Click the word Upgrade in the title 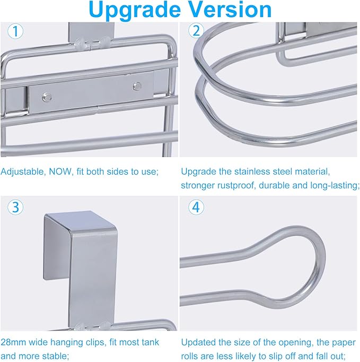(x=135, y=11)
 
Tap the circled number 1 (x=15, y=31)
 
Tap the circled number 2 (x=196, y=31)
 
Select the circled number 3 (x=15, y=207)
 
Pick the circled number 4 (x=196, y=207)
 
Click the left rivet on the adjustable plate (x=47, y=97)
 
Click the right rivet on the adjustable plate (x=137, y=87)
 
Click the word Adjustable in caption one (x=22, y=172)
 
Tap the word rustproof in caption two (x=235, y=185)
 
